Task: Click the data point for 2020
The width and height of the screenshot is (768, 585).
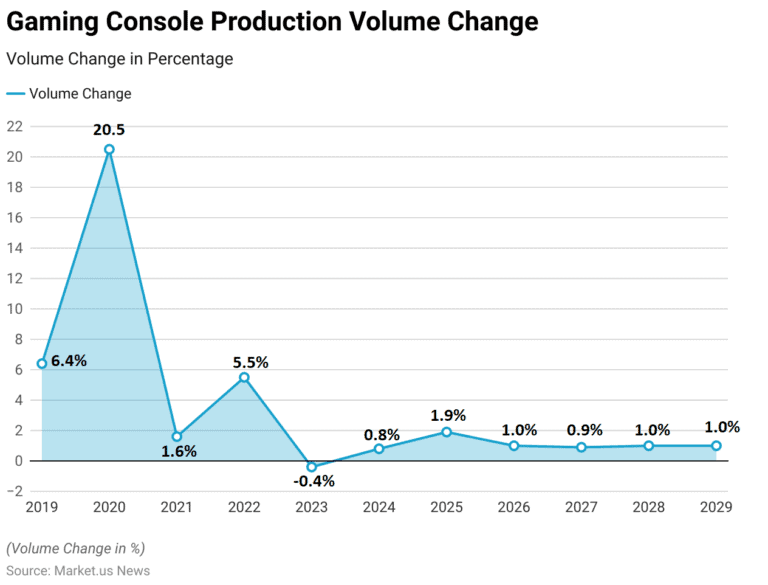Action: tap(109, 149)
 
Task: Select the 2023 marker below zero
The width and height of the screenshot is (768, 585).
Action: tap(312, 467)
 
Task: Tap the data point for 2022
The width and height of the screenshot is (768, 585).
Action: tap(244, 377)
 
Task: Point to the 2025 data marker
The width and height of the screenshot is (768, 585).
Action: tap(446, 432)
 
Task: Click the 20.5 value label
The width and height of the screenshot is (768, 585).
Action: tap(109, 130)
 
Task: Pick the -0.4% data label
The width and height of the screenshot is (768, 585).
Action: tap(314, 481)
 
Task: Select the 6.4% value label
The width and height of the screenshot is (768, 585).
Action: tap(69, 361)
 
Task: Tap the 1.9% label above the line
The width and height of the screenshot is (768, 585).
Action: tap(448, 415)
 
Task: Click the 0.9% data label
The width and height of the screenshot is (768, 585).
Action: tap(585, 430)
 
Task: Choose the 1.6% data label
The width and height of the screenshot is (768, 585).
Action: tap(179, 451)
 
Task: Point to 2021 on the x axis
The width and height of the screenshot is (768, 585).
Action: tap(177, 507)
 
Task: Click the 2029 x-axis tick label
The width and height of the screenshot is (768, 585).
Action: tap(716, 507)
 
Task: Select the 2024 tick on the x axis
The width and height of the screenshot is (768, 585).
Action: tap(379, 507)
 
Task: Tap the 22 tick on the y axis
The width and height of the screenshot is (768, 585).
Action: tap(14, 126)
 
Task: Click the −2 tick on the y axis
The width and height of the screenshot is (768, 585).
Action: tap(13, 491)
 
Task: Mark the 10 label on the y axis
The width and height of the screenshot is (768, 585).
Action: tap(14, 309)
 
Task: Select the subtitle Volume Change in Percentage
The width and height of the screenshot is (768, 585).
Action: tap(120, 59)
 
